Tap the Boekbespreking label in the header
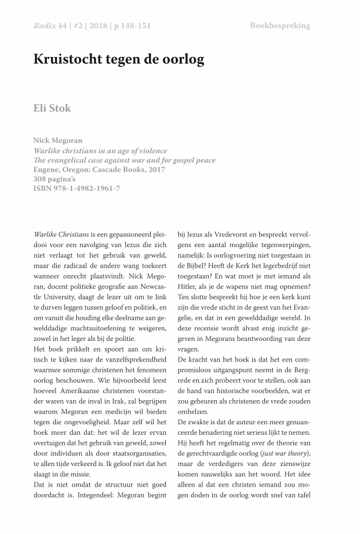click(x=280, y=26)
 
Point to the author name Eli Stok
click(x=52, y=108)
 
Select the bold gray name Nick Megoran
click(x=58, y=141)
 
